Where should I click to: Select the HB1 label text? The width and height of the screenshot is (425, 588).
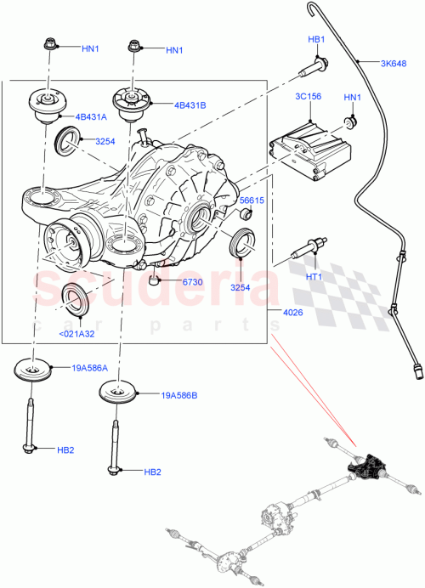[316, 39]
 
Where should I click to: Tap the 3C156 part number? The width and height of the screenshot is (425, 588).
[307, 97]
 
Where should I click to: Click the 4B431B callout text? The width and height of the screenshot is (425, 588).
[190, 106]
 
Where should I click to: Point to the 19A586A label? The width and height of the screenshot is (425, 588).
[91, 369]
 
